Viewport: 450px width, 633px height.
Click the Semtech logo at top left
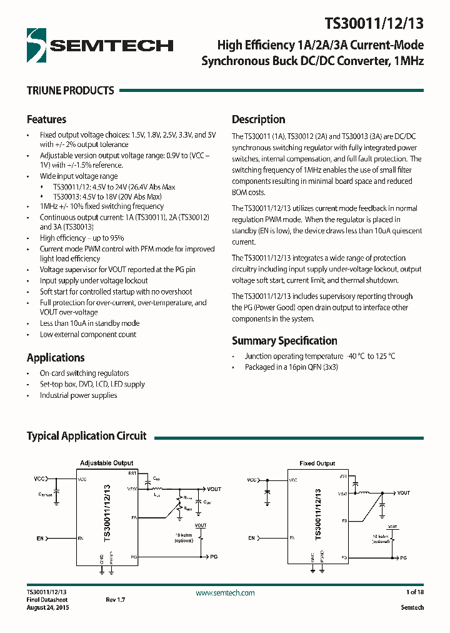(100, 44)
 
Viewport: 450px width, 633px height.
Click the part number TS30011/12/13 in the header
(374, 24)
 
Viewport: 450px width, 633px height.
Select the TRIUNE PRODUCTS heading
(70, 91)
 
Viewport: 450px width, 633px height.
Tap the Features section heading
(46, 119)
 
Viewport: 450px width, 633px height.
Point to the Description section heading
(258, 119)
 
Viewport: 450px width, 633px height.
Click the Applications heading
(56, 358)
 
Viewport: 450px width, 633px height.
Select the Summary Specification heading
(284, 341)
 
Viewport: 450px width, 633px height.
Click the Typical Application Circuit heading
(86, 436)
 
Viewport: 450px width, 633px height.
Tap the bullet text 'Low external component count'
(88, 335)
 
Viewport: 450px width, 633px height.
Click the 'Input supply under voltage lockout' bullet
(94, 281)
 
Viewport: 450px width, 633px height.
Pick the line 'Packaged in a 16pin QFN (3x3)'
(291, 367)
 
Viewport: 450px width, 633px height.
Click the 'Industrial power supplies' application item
(78, 395)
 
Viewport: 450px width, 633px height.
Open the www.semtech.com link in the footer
(225, 592)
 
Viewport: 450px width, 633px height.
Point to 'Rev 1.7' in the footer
(115, 600)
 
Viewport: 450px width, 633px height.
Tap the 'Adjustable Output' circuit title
(106, 463)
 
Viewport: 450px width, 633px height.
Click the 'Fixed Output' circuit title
(317, 463)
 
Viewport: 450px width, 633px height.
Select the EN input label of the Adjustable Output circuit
(40, 538)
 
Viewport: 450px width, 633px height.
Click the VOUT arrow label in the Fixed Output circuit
(403, 493)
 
